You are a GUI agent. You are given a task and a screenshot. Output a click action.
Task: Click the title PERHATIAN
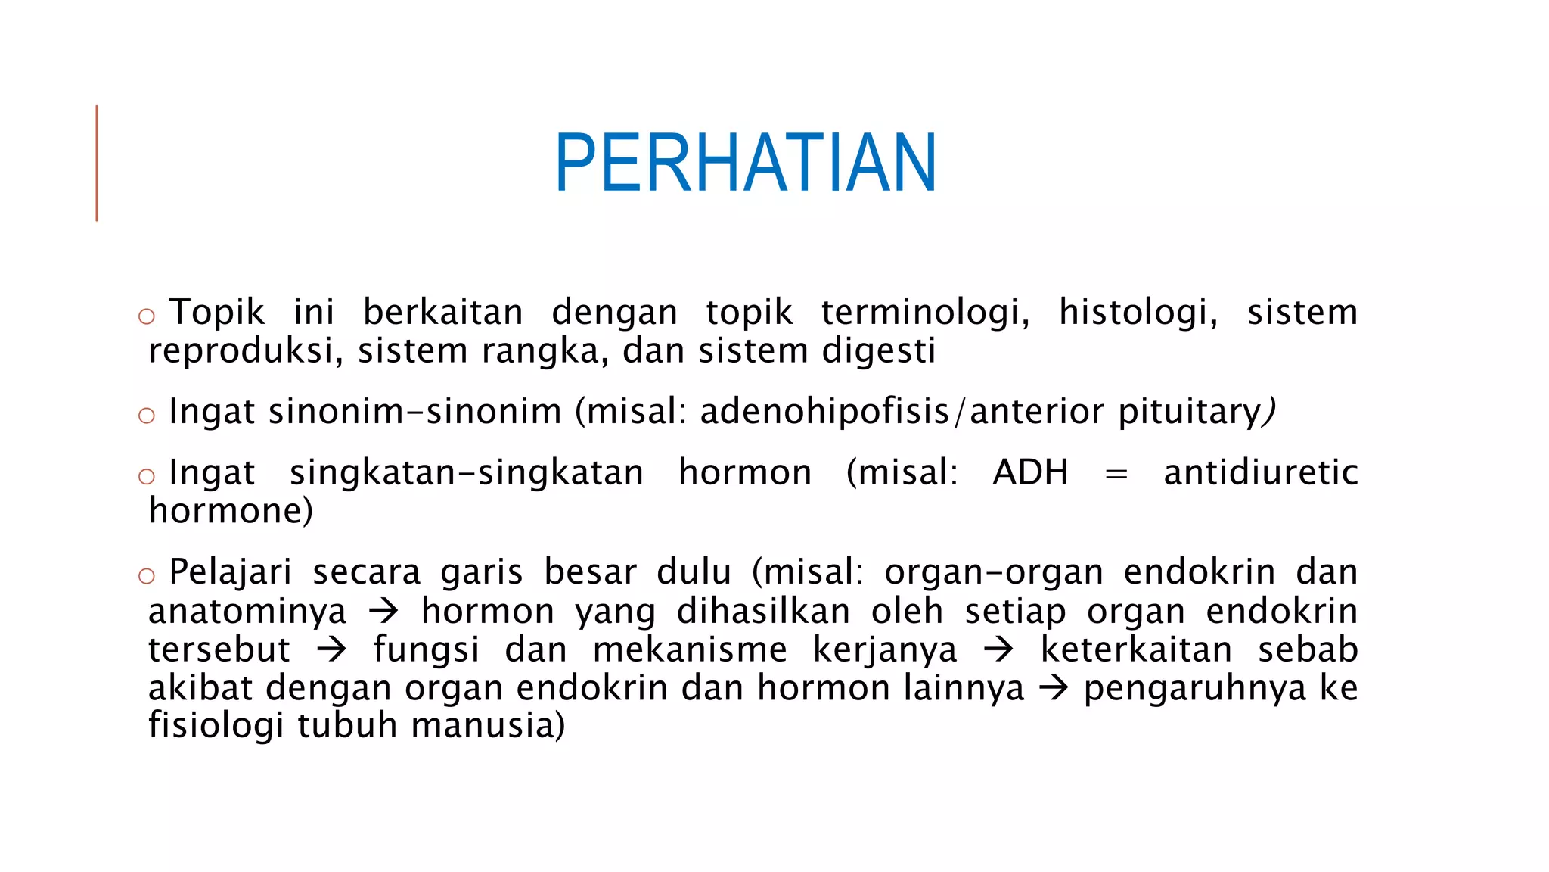pyautogui.click(x=746, y=163)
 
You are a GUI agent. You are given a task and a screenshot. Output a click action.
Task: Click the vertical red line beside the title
pyautogui.click(x=97, y=163)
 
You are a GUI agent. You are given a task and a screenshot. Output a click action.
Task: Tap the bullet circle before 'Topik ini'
pyautogui.click(x=147, y=316)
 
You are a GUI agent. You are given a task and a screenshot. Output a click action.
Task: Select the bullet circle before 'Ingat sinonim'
pyautogui.click(x=147, y=415)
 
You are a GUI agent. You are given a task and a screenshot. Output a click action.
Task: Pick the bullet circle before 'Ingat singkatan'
pyautogui.click(x=147, y=476)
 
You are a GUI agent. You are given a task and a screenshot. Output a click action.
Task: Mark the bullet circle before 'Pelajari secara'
pyautogui.click(x=147, y=576)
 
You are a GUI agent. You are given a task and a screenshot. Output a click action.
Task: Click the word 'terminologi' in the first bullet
pyautogui.click(x=925, y=313)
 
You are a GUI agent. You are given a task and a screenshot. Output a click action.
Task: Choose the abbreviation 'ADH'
pyautogui.click(x=1031, y=473)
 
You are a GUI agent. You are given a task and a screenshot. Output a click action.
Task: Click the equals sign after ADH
pyautogui.click(x=1116, y=475)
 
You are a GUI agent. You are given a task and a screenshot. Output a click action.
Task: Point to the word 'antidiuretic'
pyautogui.click(x=1261, y=473)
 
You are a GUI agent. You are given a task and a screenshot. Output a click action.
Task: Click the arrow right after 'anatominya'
pyautogui.click(x=383, y=611)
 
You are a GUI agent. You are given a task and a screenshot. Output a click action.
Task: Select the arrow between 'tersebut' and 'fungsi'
pyautogui.click(x=331, y=649)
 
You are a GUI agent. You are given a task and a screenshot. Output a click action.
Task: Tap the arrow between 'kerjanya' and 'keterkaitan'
pyautogui.click(x=998, y=649)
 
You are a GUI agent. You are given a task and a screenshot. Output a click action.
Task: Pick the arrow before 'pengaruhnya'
pyautogui.click(x=1054, y=688)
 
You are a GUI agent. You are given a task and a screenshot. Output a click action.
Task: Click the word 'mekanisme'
pyautogui.click(x=690, y=649)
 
